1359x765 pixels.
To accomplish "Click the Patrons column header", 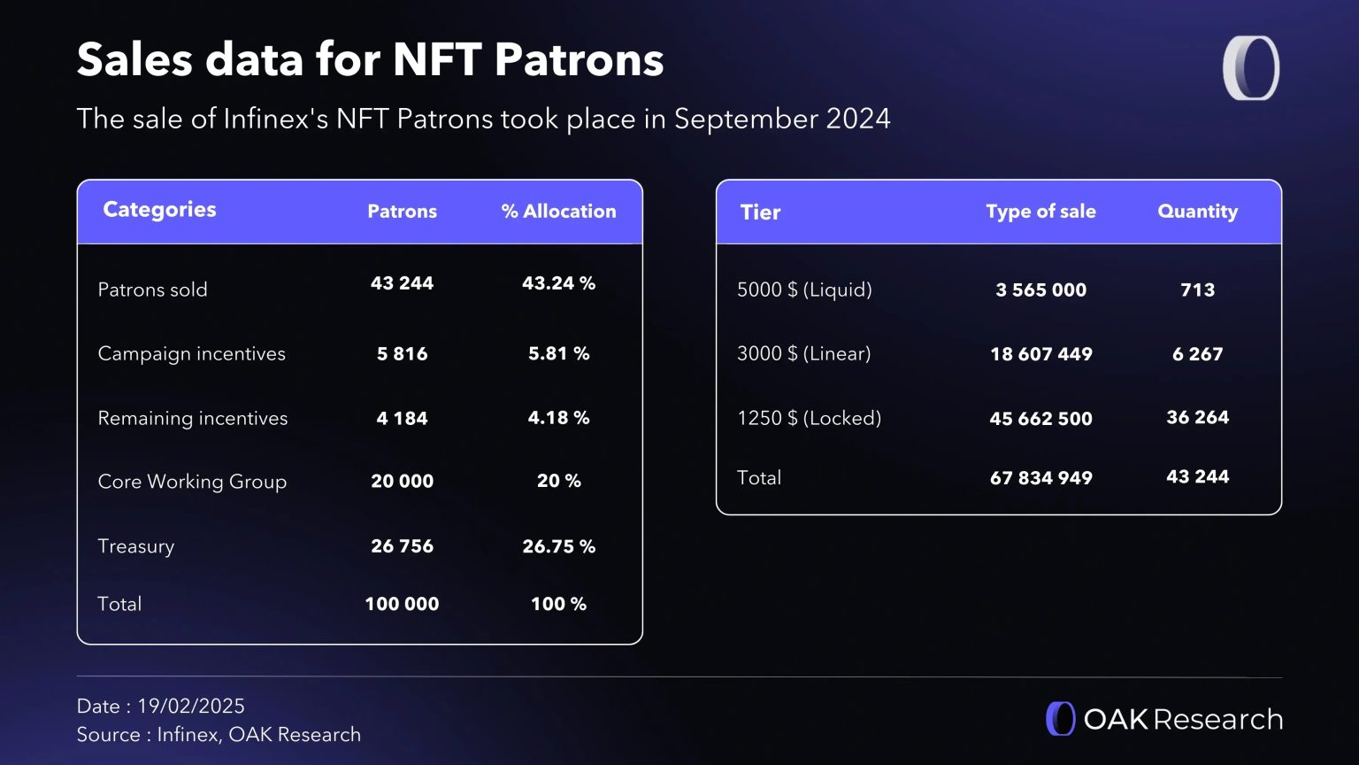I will [402, 212].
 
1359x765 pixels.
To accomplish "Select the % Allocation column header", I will [558, 212].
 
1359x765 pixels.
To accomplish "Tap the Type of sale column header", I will [1040, 212].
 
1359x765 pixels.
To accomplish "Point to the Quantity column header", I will [1197, 212].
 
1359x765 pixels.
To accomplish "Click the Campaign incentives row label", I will [191, 353].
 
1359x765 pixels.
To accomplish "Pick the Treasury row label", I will [135, 546].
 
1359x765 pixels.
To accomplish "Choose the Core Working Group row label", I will [192, 482].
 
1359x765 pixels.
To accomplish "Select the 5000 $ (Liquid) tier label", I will [804, 290].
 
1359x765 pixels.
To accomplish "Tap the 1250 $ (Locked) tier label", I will [809, 418].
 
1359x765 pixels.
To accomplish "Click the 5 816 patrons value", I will [402, 353].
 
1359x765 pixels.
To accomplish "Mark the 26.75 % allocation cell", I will [558, 546].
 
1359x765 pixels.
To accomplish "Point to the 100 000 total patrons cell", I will [402, 604].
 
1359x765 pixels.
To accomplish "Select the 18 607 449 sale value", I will [1040, 354].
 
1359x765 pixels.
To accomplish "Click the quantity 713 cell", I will [1197, 290].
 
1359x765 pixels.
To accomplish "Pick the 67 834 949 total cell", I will [1040, 478].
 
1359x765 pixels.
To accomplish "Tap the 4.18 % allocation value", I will [558, 418].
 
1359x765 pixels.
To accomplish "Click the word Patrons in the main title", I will [579, 60].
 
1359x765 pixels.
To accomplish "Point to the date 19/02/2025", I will [190, 706].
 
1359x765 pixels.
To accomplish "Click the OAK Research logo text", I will [1183, 719].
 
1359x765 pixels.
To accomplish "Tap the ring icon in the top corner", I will [1251, 68].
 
